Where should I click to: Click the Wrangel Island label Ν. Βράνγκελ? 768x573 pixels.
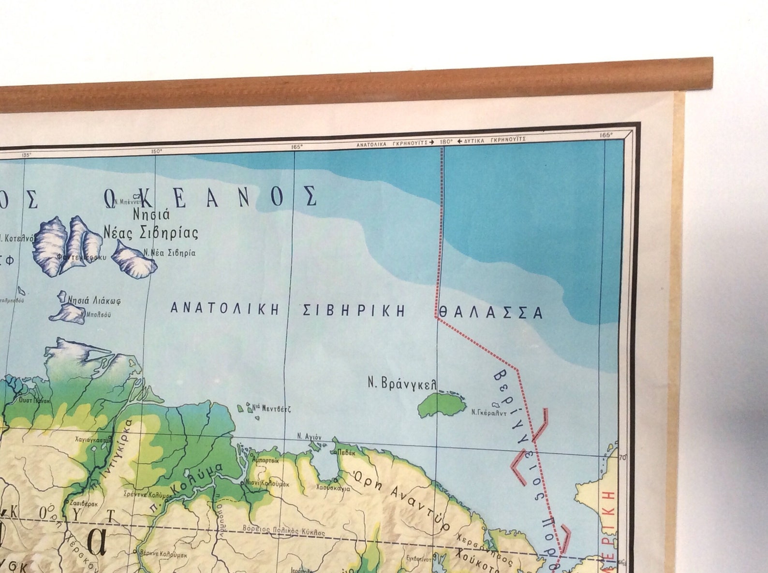pyautogui.click(x=402, y=384)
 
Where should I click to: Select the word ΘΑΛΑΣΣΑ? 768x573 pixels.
pyautogui.click(x=488, y=313)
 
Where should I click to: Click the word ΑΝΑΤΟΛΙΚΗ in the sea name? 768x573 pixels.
pyautogui.click(x=225, y=309)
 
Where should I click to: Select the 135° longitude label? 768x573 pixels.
pyautogui.click(x=26, y=155)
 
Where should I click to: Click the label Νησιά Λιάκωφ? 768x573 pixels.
pyautogui.click(x=94, y=301)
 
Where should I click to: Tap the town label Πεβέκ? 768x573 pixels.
pyautogui.click(x=347, y=453)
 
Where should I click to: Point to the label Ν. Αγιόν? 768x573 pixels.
pyautogui.click(x=310, y=436)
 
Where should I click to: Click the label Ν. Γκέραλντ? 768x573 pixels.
pyautogui.click(x=488, y=413)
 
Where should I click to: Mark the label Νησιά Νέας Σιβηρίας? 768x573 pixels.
pyautogui.click(x=151, y=224)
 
